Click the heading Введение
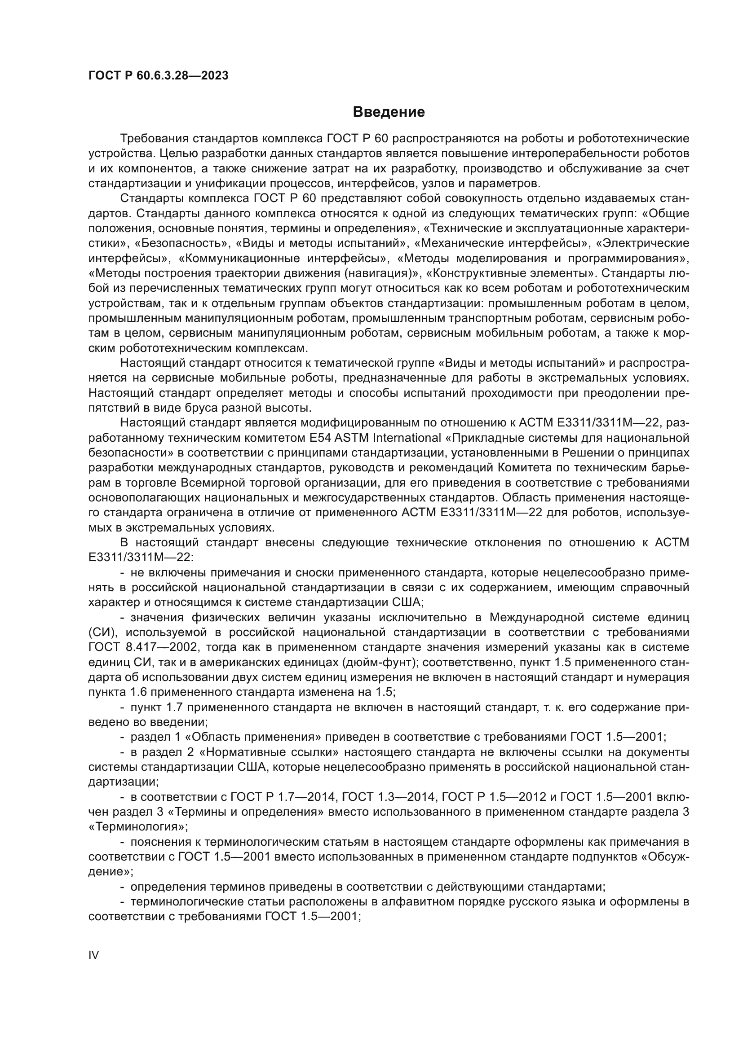(389, 112)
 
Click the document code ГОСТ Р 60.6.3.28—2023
(158, 76)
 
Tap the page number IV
(93, 955)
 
